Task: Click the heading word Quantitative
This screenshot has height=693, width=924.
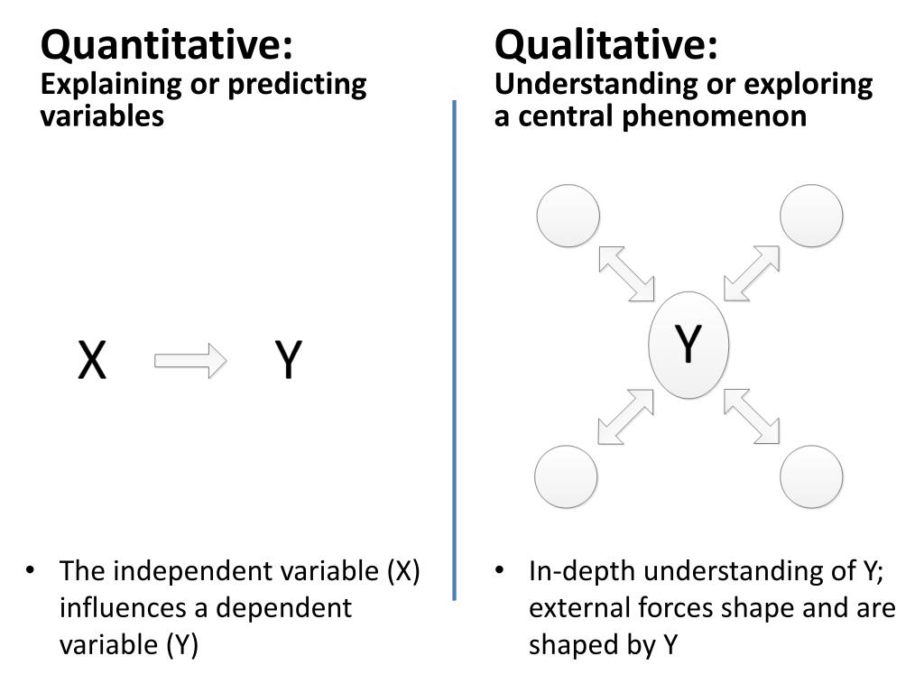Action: [x=167, y=43]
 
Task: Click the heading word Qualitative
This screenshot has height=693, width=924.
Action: [x=606, y=43]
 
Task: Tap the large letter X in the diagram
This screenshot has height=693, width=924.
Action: [x=91, y=361]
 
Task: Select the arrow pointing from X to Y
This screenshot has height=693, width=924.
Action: [x=190, y=360]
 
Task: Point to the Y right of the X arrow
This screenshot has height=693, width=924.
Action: [x=288, y=361]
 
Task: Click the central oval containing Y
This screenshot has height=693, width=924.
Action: [x=688, y=345]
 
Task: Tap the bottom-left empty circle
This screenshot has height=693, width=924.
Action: [x=567, y=476]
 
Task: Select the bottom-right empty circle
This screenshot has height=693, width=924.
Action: [x=811, y=476]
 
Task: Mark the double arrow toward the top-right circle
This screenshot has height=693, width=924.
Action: [x=752, y=273]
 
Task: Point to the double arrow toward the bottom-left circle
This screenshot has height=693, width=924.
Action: [x=626, y=416]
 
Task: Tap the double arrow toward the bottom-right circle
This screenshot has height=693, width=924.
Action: [x=752, y=416]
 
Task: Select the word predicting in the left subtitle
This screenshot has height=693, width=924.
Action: [x=297, y=85]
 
